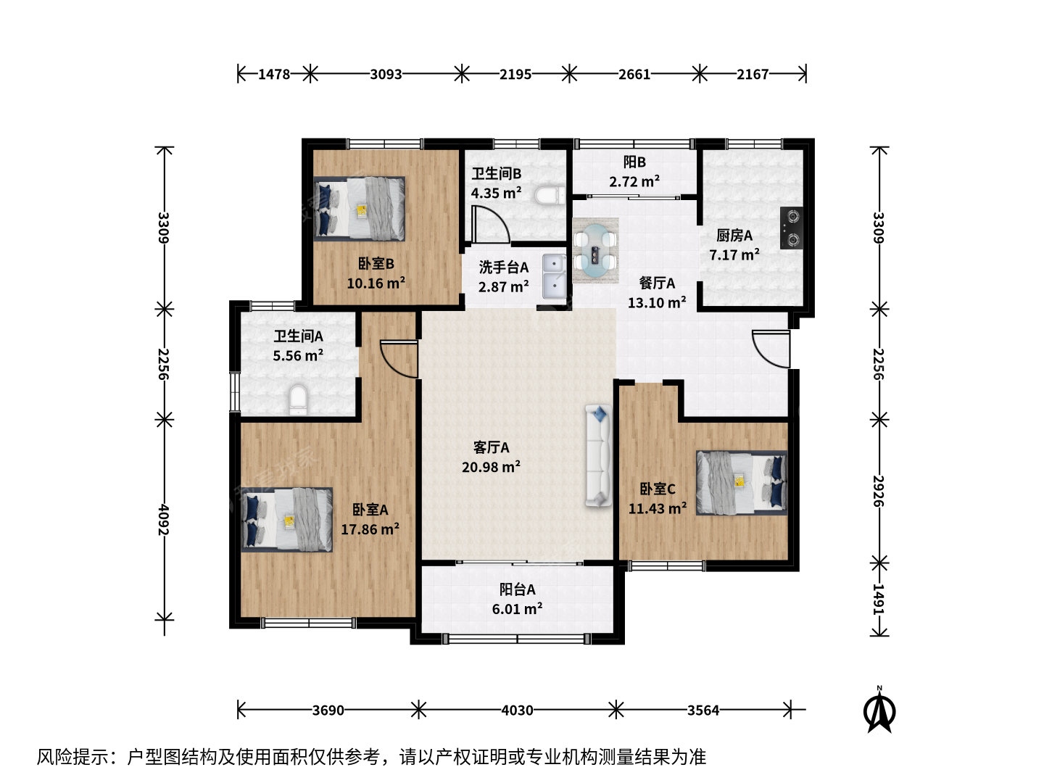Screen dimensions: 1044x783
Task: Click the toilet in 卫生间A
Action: click(x=298, y=399)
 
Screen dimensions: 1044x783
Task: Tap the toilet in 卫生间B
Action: click(x=550, y=196)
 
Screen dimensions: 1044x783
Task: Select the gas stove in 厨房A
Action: click(x=792, y=228)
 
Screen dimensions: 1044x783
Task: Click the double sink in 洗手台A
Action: click(x=554, y=276)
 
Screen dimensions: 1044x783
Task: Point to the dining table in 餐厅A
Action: click(x=595, y=251)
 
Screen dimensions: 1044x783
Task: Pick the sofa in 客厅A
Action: click(x=598, y=455)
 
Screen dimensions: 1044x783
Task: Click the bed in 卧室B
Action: click(x=359, y=209)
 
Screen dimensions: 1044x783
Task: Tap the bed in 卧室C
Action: click(x=742, y=483)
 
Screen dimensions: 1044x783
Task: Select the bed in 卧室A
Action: click(x=287, y=520)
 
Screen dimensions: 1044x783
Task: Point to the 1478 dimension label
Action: click(x=274, y=74)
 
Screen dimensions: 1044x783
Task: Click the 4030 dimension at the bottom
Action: click(x=517, y=710)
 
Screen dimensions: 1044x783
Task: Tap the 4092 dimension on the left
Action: click(x=164, y=520)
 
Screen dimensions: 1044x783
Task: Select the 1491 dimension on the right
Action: click(x=879, y=599)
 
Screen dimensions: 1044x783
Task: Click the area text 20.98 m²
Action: click(x=491, y=467)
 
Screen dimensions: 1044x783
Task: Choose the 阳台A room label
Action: click(x=517, y=589)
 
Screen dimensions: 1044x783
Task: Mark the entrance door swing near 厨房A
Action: click(x=771, y=349)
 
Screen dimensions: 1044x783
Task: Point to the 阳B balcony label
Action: click(x=634, y=162)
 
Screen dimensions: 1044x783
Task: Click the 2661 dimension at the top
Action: click(x=634, y=74)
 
